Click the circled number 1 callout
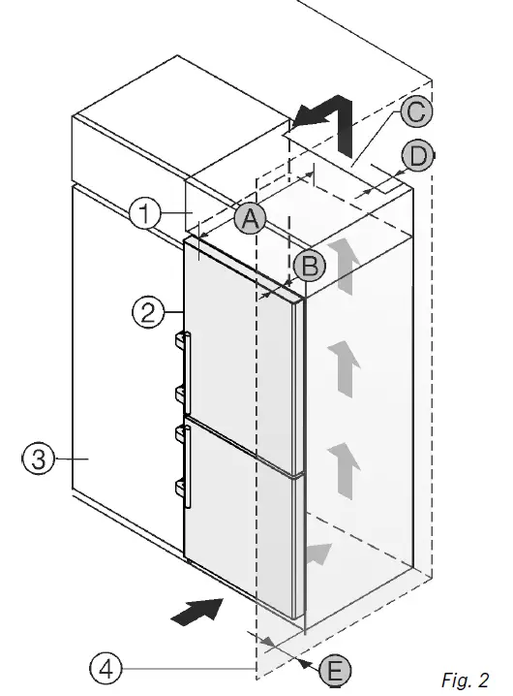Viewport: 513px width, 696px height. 144,212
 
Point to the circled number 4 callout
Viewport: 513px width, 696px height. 106,667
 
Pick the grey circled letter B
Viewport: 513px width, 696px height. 307,264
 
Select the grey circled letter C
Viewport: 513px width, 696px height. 414,112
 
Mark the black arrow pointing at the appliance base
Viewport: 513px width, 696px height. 196,611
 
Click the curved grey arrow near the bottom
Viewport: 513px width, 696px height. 320,555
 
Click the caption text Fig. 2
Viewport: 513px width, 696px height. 465,679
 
